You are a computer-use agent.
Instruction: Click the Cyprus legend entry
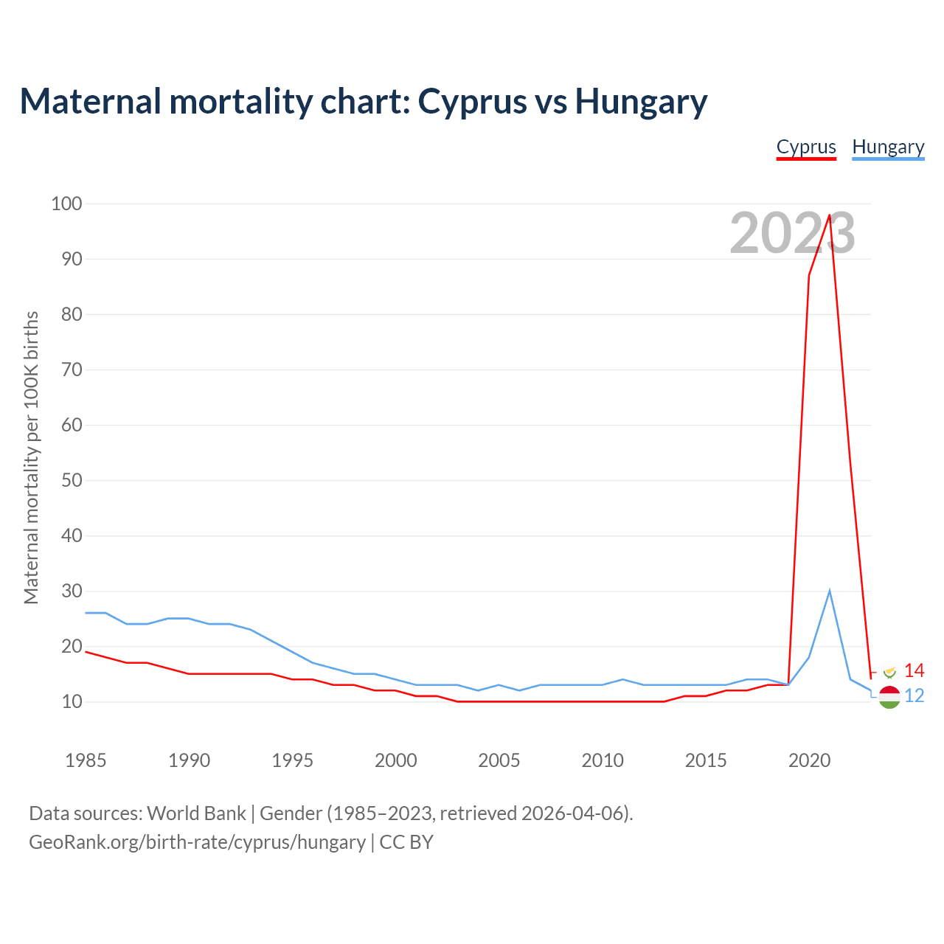(x=806, y=147)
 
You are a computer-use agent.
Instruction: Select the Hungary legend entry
(x=888, y=147)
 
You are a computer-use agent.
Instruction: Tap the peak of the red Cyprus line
(x=830, y=215)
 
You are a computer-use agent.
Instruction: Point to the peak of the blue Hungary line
(x=830, y=591)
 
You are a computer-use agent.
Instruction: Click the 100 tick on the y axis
(x=66, y=204)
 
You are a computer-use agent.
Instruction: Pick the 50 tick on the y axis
(x=72, y=480)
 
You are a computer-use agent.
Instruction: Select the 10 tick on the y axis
(x=72, y=701)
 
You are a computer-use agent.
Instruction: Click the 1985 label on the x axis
(x=86, y=760)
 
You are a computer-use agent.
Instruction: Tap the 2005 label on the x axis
(x=499, y=760)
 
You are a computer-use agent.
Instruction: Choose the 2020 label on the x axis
(x=809, y=760)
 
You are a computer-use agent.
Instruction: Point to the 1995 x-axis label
(x=292, y=760)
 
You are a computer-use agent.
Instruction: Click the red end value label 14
(x=914, y=670)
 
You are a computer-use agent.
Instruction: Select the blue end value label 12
(x=914, y=695)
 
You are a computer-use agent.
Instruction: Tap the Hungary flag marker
(x=889, y=697)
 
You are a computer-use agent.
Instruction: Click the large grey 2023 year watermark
(x=792, y=233)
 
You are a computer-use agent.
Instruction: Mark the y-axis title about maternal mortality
(x=31, y=457)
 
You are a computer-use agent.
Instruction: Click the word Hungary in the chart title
(x=641, y=101)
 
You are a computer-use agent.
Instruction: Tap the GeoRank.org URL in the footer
(x=197, y=842)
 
